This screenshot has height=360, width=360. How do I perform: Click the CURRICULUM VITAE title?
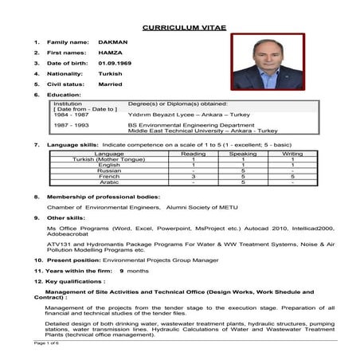click(x=183, y=27)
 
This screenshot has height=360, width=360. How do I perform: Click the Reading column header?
click(x=194, y=153)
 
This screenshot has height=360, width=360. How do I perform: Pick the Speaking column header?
click(x=243, y=153)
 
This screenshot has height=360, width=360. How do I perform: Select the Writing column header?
click(x=292, y=153)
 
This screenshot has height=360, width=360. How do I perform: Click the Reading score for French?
click(x=194, y=175)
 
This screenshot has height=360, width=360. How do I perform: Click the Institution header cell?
click(x=67, y=103)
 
